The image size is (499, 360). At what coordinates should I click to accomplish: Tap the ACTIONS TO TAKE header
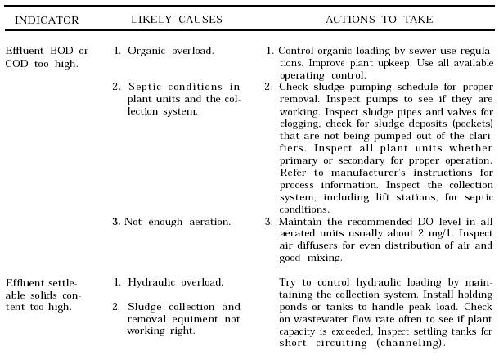click(x=380, y=19)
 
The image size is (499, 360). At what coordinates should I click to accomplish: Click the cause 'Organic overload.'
click(x=171, y=51)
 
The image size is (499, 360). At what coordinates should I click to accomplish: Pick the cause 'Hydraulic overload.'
click(x=175, y=282)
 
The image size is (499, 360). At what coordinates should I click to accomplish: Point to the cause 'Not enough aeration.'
click(x=178, y=221)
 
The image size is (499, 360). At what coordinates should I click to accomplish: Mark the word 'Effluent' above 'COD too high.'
click(x=25, y=51)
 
